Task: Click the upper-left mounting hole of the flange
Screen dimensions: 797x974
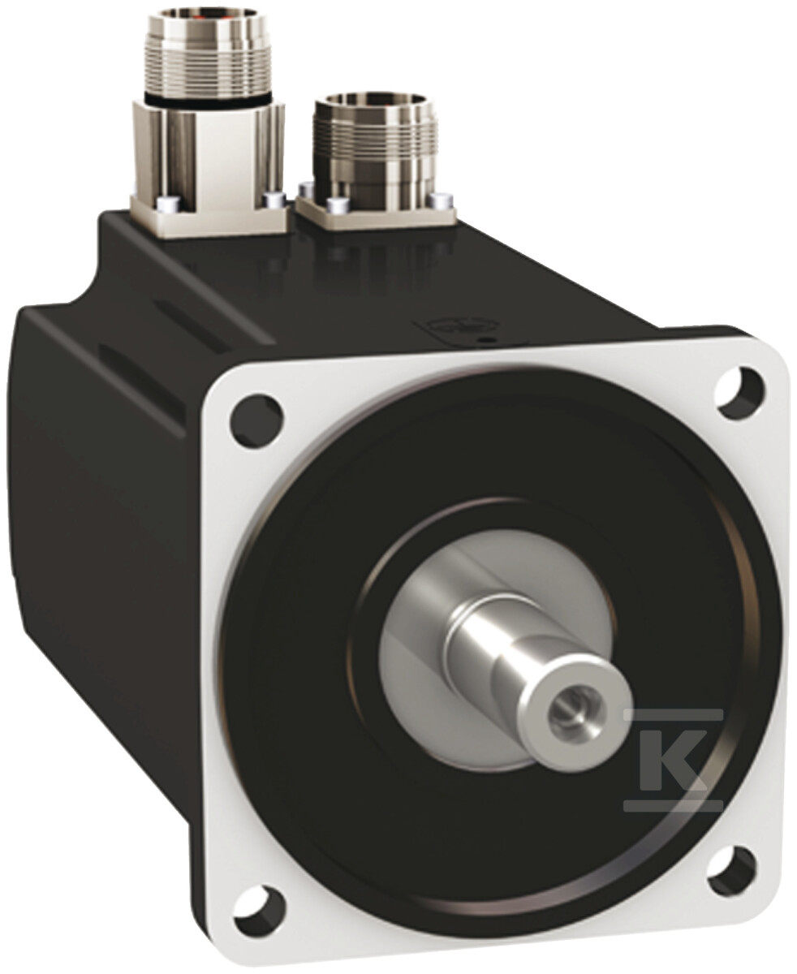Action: [x=256, y=418]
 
